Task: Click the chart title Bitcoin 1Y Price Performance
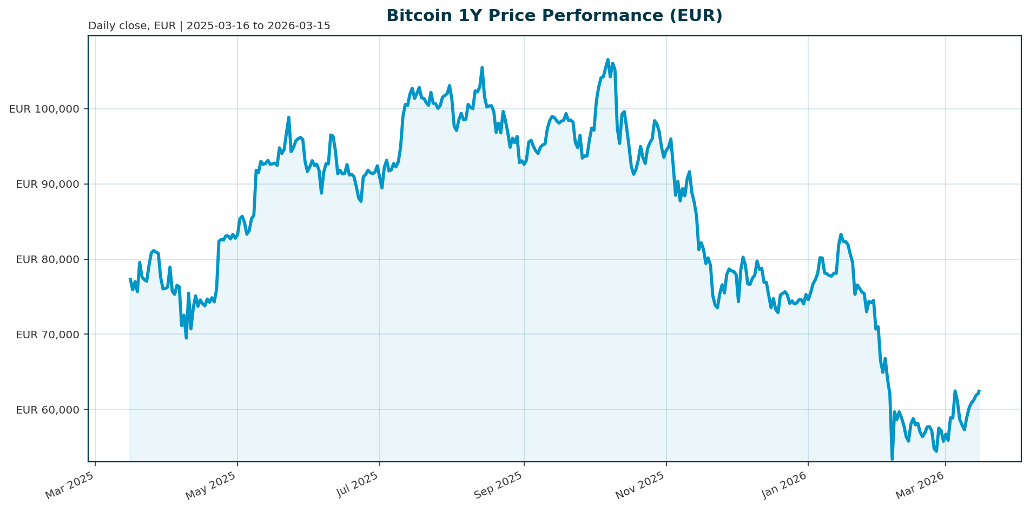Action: click(x=554, y=16)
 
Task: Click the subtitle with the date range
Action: click(x=209, y=26)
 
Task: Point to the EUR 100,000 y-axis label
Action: click(x=44, y=109)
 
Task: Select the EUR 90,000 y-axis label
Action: click(x=48, y=184)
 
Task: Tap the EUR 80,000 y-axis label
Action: click(x=48, y=259)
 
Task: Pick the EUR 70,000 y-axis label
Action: click(x=48, y=335)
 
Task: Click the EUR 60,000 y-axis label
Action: click(x=48, y=410)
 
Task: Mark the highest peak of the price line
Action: click(x=608, y=60)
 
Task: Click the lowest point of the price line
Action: click(x=892, y=459)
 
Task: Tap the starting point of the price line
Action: click(x=130, y=279)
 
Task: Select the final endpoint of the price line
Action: click(x=979, y=391)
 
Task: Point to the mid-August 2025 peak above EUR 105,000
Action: click(x=482, y=68)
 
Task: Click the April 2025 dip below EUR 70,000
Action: click(x=186, y=338)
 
